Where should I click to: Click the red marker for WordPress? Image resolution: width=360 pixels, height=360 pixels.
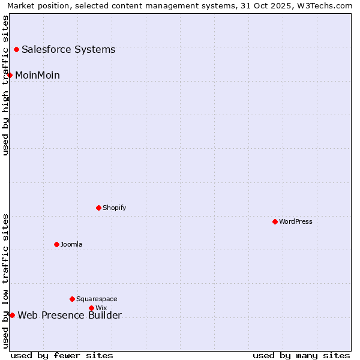click(275, 221)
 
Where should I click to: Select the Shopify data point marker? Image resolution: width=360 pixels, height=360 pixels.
click(98, 208)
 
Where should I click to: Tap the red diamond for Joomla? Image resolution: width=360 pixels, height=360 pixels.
click(56, 244)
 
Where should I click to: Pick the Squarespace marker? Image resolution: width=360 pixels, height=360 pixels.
click(72, 299)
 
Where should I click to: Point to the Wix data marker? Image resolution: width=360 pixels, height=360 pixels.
click(91, 308)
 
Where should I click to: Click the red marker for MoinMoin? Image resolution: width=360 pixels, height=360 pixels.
click(10, 75)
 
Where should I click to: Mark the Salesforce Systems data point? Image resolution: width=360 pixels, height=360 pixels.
click(16, 49)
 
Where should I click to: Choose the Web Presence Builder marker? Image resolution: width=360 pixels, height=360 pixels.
click(12, 315)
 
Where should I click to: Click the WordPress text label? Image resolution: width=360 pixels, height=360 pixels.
click(296, 221)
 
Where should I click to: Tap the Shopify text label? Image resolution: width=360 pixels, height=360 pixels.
click(114, 208)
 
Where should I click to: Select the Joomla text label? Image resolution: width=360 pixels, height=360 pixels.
click(71, 244)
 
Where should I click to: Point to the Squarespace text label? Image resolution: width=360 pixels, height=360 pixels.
click(97, 299)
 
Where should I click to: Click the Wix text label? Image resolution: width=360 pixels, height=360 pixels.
click(101, 308)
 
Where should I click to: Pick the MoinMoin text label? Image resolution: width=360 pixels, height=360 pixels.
click(37, 75)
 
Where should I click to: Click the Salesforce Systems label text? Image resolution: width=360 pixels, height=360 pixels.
click(68, 49)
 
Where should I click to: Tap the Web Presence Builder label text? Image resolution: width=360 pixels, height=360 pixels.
click(70, 316)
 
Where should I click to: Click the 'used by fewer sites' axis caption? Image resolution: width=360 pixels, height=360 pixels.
click(62, 355)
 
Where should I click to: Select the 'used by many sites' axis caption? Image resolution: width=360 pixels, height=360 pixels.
click(301, 355)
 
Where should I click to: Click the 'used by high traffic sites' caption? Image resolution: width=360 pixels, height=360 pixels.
click(5, 85)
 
